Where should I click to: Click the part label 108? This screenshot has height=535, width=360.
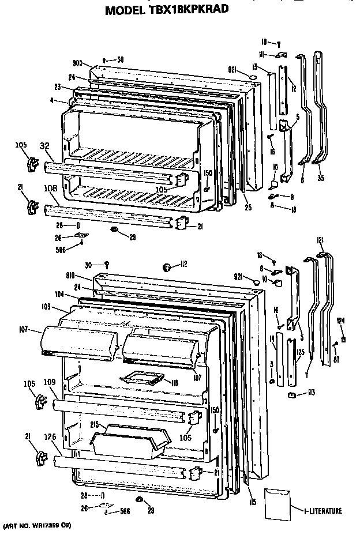point(51,187)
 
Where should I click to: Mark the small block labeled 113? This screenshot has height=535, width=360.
point(292,394)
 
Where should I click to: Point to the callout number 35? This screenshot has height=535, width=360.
point(320,178)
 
